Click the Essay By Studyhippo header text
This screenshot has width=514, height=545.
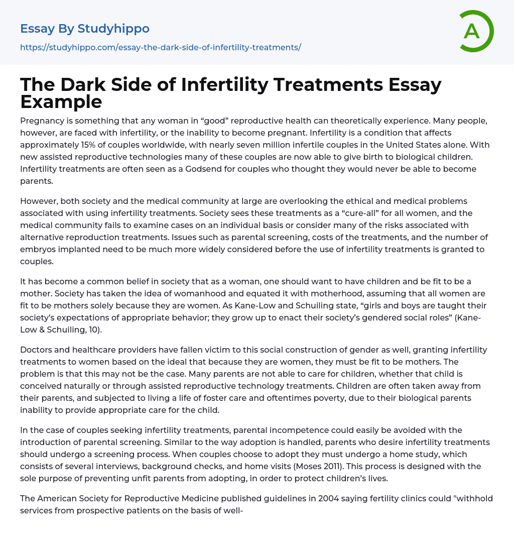coord(85,29)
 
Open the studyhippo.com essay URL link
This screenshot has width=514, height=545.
coord(160,48)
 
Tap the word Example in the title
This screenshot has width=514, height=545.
coord(61,101)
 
